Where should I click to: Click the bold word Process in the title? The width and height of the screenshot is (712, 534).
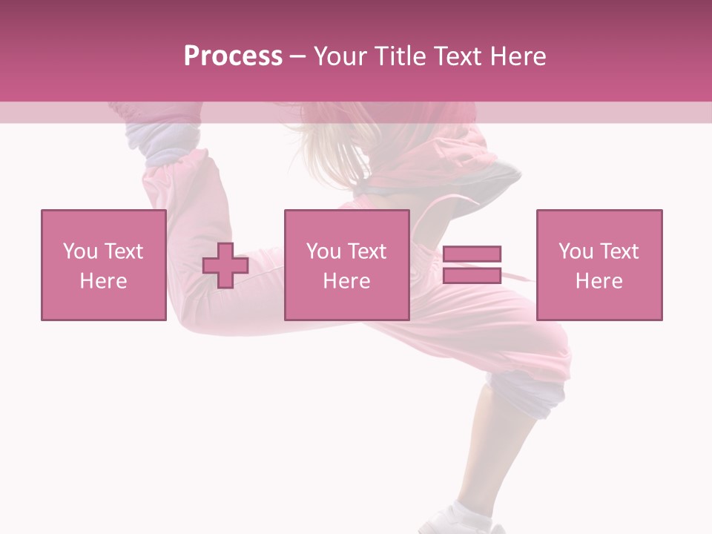click(x=233, y=56)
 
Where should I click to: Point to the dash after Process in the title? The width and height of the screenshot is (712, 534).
click(x=297, y=57)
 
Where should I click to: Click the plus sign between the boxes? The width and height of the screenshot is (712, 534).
click(x=225, y=266)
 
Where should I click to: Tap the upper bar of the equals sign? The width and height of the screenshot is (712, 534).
click(x=472, y=254)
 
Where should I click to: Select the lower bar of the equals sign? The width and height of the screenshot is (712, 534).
click(x=472, y=275)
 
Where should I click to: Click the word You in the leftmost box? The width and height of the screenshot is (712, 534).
click(x=80, y=251)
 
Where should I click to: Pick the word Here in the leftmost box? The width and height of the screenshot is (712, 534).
click(x=103, y=281)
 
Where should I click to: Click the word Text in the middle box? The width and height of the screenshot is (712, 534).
click(x=368, y=251)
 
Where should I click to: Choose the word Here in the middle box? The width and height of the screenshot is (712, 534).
click(x=346, y=281)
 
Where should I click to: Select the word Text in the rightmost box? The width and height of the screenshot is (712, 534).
click(x=620, y=251)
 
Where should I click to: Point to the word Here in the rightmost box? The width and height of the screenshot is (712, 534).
click(x=599, y=281)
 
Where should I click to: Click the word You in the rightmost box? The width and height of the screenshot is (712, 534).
click(x=576, y=251)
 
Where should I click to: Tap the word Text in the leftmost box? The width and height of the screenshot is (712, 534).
click(x=125, y=251)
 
